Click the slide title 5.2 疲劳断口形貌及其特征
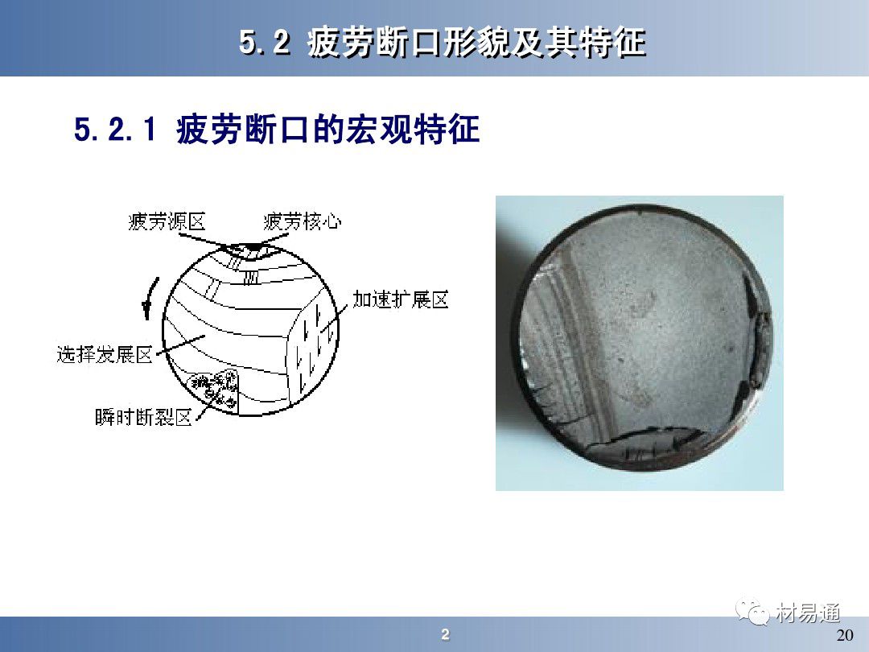(443, 42)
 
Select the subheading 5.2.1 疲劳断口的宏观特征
(277, 129)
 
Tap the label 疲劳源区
(167, 222)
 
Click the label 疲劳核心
(302, 222)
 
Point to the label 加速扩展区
(400, 299)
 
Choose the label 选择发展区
(105, 354)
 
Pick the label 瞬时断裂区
(143, 417)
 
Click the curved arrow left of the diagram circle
(149, 299)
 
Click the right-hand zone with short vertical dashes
(311, 349)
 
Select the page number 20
(845, 635)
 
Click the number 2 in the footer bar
(445, 634)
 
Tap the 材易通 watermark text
(808, 613)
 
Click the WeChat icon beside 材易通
(752, 612)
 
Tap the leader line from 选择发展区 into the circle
(181, 345)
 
